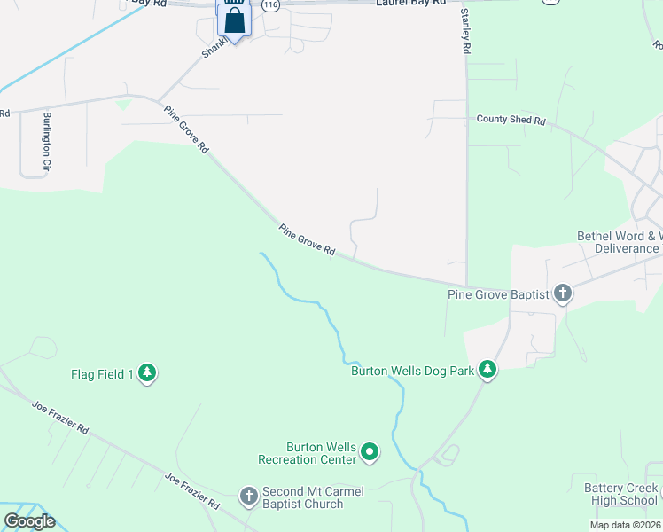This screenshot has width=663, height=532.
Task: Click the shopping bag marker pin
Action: (x=235, y=20)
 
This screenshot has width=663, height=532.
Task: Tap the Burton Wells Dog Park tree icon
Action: (x=487, y=369)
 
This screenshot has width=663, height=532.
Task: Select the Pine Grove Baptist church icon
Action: (x=562, y=293)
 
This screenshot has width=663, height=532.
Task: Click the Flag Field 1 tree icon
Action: (x=147, y=374)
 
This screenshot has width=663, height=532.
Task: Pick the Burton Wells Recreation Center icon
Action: (x=370, y=453)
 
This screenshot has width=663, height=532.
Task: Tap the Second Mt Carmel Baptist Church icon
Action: (x=249, y=495)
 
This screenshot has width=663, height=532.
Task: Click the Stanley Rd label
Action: (x=464, y=33)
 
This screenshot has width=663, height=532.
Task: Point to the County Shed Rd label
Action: (x=511, y=119)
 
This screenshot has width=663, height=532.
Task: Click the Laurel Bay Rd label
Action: (x=410, y=4)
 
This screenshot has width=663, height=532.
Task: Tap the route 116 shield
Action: (x=271, y=5)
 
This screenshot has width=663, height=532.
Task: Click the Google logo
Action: (x=29, y=521)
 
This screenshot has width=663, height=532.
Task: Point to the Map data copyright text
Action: (x=624, y=525)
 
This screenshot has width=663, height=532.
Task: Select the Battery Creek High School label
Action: (x=620, y=495)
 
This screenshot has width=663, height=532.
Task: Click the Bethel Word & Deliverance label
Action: (x=619, y=243)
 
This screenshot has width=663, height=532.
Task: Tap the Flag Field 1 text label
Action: (x=102, y=374)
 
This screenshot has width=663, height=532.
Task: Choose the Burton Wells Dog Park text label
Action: (x=412, y=370)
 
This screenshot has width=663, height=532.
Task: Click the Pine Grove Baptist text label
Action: (x=499, y=294)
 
